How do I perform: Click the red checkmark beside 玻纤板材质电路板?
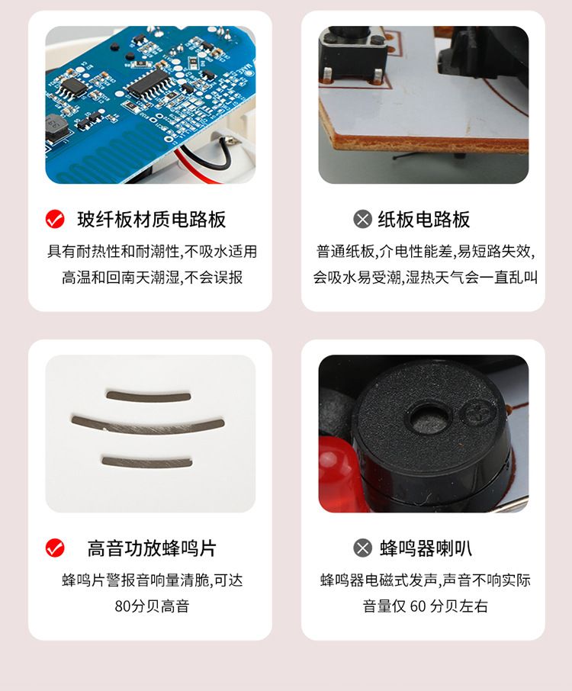tap(55, 219)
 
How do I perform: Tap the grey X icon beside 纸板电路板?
tap(363, 219)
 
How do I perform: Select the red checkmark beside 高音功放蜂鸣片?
tap(55, 548)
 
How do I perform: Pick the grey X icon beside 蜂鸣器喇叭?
tap(363, 548)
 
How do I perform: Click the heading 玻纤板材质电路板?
tap(152, 219)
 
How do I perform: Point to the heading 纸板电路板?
tap(424, 219)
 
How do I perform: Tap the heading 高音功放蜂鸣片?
tap(152, 548)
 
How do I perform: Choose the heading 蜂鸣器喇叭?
tap(426, 548)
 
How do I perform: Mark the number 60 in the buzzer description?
tap(418, 606)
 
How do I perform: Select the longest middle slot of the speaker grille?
tap(148, 425)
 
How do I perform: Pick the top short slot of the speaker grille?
tap(149, 395)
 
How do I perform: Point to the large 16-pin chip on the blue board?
tap(148, 84)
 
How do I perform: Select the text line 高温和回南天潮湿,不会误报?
tap(152, 278)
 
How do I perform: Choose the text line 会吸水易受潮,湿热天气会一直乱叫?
tap(425, 278)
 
